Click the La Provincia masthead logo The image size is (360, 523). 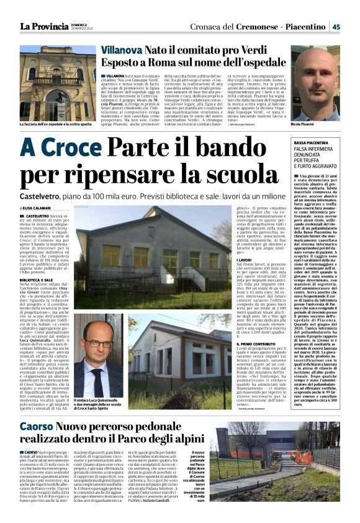pyautogui.click(x=44, y=25)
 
